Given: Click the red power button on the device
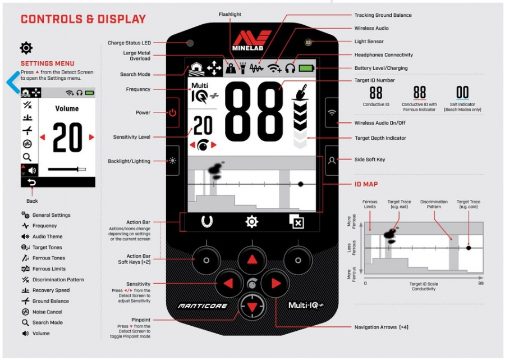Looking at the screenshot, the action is pos(173,112).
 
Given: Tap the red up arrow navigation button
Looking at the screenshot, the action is pos(252,260).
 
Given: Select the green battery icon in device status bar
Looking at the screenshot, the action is pos(306,68).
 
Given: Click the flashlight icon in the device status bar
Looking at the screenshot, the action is pos(243,68).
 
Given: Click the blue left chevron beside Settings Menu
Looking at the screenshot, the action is pos(13,82).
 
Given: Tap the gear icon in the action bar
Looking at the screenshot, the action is pos(251,222).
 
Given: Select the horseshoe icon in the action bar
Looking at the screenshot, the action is pos(206,221).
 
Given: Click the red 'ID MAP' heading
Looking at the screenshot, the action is pos(366,184).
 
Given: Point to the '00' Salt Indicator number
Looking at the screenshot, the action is pos(462,93).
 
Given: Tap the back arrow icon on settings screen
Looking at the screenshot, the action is pos(31,183).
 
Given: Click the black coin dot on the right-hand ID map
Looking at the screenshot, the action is pos(469,248).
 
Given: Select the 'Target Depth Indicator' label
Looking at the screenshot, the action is pos(380,138).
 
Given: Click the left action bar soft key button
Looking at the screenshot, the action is pos(206,260).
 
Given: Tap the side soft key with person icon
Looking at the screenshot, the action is pos(332,160).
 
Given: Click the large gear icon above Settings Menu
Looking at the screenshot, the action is pos(26,48).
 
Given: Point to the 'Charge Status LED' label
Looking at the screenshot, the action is pos(129,43).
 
